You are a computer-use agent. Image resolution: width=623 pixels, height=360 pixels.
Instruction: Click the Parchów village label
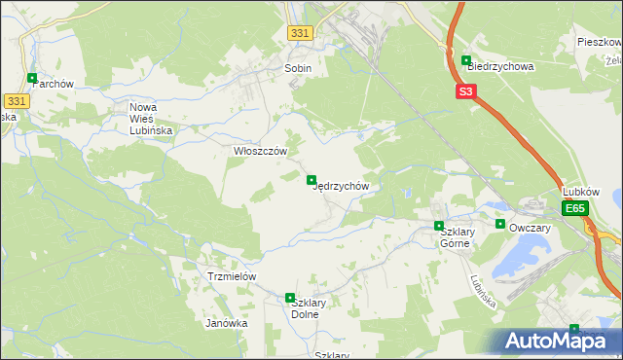[54, 84]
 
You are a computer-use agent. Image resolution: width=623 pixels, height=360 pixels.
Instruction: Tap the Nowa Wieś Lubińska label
[151, 118]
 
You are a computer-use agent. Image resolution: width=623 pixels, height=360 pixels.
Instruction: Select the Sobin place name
[298, 69]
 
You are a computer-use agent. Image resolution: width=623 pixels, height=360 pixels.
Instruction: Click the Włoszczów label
[261, 151]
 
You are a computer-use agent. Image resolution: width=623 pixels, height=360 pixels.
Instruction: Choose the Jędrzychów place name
[341, 186]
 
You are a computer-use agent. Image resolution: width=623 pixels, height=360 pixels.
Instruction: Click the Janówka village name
[227, 323]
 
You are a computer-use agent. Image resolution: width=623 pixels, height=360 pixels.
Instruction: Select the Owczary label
[530, 228]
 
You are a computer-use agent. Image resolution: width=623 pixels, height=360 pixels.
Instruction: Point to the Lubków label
[581, 193]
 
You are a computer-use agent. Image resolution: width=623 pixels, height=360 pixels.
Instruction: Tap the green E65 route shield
[576, 209]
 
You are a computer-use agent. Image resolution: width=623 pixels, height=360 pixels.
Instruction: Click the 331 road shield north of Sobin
[300, 33]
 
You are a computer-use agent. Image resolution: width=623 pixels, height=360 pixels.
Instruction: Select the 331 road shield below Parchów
[15, 101]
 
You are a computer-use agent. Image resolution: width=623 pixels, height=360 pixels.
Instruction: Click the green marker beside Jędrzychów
[311, 179]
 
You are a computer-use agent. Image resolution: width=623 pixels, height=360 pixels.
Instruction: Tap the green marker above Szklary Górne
[439, 226]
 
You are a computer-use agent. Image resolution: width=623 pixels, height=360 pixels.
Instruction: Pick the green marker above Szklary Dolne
[289, 298]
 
